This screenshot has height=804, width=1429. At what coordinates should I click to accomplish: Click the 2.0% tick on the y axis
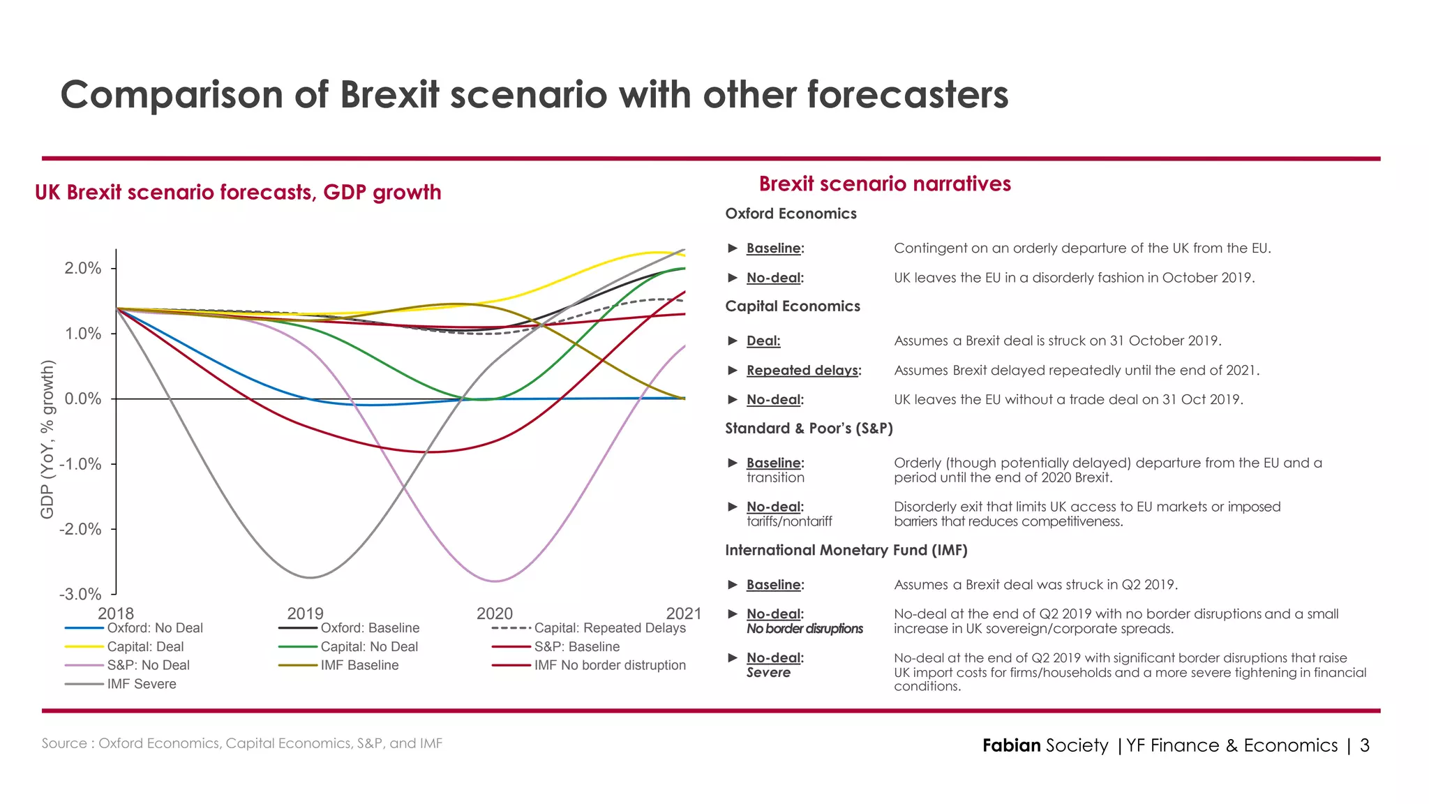tap(83, 269)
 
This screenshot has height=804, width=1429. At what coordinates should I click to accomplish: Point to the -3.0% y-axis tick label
tap(80, 595)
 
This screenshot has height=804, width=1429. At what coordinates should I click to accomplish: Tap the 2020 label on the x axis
tap(495, 613)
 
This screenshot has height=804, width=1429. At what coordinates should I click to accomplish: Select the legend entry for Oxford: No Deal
tap(154, 628)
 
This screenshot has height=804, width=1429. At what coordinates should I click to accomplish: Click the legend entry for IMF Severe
tap(141, 684)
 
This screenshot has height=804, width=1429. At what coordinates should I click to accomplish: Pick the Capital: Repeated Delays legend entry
tap(609, 628)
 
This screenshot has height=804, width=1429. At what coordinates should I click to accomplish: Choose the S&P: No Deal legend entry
tap(148, 665)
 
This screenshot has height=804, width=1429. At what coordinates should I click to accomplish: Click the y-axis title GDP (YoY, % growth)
tap(47, 440)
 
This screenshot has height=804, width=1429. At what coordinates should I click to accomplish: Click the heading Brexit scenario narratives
tap(885, 184)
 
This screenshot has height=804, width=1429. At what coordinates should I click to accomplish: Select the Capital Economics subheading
tap(792, 306)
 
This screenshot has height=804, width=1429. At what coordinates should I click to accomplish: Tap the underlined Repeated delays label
tap(802, 371)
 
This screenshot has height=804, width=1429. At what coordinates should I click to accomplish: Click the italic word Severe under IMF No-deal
tap(768, 673)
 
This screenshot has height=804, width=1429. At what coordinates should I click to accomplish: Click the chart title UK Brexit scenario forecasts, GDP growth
tap(238, 193)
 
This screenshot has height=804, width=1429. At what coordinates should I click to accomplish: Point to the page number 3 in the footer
tap(1365, 745)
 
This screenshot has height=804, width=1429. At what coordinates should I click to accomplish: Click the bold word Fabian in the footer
tap(1011, 745)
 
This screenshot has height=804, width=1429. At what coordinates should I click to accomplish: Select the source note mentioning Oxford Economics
tap(241, 743)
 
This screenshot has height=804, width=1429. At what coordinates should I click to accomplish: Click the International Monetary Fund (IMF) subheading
tap(846, 551)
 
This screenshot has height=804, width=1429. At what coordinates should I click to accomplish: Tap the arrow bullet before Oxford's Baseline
tap(733, 248)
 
